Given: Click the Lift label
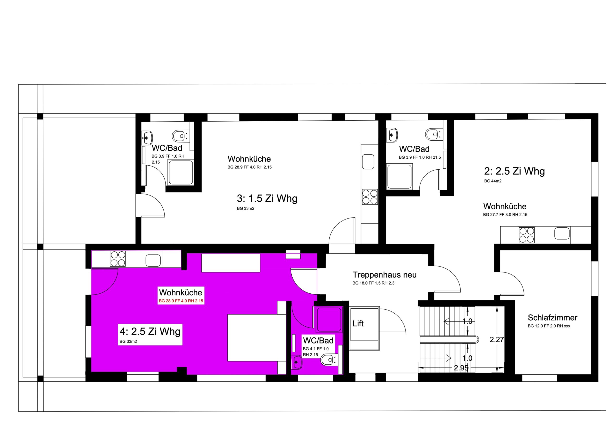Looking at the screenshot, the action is click(358, 323).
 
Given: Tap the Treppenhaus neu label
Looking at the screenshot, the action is click(384, 275).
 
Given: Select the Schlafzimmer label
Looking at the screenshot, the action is click(552, 318).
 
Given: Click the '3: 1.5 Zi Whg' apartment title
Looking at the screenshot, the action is click(267, 199).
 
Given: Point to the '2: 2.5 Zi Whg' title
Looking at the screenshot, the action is click(514, 171).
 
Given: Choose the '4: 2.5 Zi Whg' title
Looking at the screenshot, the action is click(150, 332).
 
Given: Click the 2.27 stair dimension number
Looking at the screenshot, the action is click(497, 340).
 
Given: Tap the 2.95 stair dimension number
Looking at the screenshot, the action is click(461, 368).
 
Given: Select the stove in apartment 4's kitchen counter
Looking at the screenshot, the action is click(118, 259).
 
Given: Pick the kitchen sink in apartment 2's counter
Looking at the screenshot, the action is click(562, 233).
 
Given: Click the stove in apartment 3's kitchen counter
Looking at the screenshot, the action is click(370, 197).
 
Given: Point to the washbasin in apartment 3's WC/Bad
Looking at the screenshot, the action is click(147, 137).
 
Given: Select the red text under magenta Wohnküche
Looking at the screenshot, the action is click(181, 301).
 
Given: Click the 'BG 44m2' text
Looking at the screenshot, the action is click(493, 181).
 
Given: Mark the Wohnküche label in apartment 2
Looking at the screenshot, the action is click(505, 206).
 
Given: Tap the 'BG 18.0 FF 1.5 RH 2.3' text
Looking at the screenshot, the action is click(373, 283).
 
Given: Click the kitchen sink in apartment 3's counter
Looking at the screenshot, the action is click(368, 162).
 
